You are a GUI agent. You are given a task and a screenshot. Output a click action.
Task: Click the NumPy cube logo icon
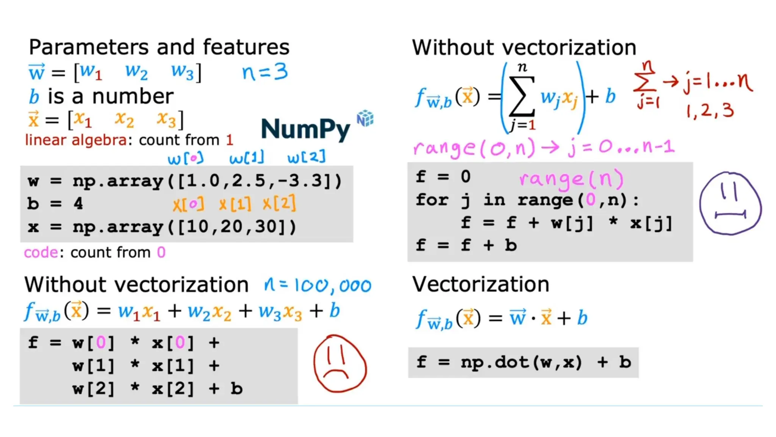pyautogui.click(x=365, y=118)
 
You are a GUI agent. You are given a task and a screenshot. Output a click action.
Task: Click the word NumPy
pyautogui.click(x=305, y=129)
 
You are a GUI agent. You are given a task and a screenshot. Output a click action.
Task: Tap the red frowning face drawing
pyautogui.click(x=340, y=363)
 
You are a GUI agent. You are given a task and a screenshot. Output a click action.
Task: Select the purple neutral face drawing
pyautogui.click(x=730, y=204)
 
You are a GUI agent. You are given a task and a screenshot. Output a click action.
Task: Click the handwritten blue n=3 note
pyautogui.click(x=265, y=72)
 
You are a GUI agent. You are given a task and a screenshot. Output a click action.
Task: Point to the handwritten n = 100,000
pyautogui.click(x=318, y=285)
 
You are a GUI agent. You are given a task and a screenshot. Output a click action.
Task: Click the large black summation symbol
pyautogui.click(x=522, y=96)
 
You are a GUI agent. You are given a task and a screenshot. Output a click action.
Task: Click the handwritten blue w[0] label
pyautogui.click(x=185, y=158)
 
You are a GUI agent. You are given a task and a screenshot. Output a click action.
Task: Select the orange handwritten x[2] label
pyautogui.click(x=279, y=204)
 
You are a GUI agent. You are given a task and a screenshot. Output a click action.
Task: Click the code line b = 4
pyautogui.click(x=55, y=204)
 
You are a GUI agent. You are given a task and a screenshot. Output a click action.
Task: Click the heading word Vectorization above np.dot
pyautogui.click(x=480, y=284)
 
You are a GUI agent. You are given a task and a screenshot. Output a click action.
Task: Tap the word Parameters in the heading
pyautogui.click(x=89, y=47)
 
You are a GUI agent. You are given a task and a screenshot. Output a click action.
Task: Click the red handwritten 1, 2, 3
pyautogui.click(x=710, y=110)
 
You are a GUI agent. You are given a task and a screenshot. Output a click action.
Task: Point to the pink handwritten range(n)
pyautogui.click(x=571, y=178)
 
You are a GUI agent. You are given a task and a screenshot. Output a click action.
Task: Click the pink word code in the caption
pyautogui.click(x=41, y=252)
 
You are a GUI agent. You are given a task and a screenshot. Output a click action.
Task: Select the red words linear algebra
pyautogui.click(x=76, y=140)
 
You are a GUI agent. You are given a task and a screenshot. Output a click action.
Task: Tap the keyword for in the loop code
pyautogui.click(x=432, y=200)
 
